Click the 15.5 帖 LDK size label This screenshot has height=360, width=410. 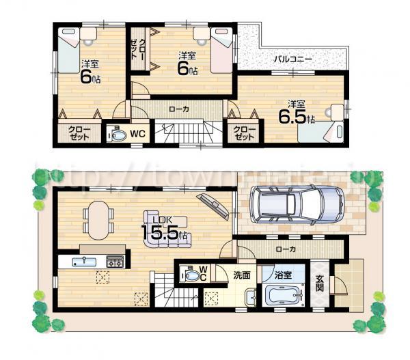point(164,230)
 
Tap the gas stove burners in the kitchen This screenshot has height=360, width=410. point(114,262)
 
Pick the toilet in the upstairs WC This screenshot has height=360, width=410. point(118,134)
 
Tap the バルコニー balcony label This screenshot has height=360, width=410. point(294,60)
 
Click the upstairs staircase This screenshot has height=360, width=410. point(182,131)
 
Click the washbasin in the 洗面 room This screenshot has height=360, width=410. point(249,298)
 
